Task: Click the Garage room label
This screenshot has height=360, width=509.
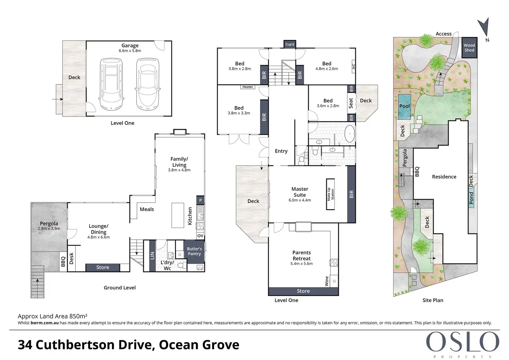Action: (x=130, y=45)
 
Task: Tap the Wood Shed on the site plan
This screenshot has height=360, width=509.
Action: (x=470, y=47)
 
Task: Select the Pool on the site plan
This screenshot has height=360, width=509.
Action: (x=405, y=107)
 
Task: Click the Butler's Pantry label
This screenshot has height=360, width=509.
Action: (x=194, y=251)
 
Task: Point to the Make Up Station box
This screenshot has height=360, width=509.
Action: (x=330, y=194)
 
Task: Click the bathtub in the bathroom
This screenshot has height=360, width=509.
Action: (x=350, y=133)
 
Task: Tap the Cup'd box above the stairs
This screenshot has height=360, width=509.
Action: (x=290, y=44)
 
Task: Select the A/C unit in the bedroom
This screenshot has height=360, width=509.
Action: (x=354, y=66)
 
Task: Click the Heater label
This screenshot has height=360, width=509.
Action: (x=248, y=87)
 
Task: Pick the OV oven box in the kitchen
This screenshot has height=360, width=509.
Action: (x=200, y=236)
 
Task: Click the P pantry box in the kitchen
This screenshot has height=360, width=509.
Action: (x=201, y=200)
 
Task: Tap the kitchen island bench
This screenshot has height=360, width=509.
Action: (x=178, y=215)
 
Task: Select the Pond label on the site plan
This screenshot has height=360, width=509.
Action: (x=471, y=198)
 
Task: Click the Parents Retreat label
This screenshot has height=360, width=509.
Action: (x=302, y=256)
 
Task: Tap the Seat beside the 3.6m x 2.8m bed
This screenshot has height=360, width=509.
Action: (x=351, y=103)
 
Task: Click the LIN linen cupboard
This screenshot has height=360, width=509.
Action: (x=152, y=256)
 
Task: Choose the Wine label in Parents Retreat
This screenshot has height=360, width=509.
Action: (x=327, y=281)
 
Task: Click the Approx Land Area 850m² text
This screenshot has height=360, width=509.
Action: (x=53, y=316)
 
